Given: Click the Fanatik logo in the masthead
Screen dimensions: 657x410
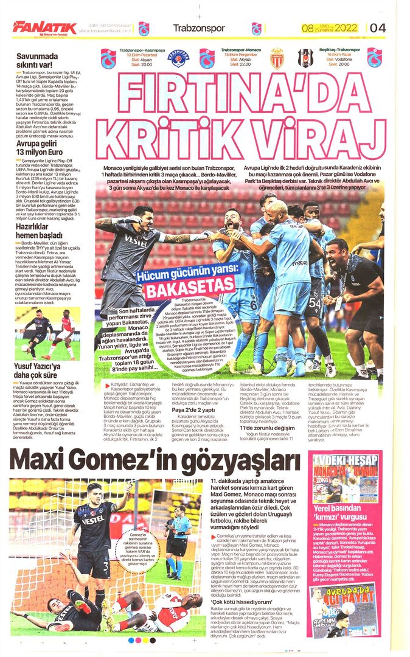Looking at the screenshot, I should tap(44, 27).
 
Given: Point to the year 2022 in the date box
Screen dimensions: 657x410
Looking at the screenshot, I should tap(344, 28).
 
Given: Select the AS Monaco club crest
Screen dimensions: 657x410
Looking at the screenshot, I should tap(277, 58).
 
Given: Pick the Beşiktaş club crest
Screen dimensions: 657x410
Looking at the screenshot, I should tap(304, 58).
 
